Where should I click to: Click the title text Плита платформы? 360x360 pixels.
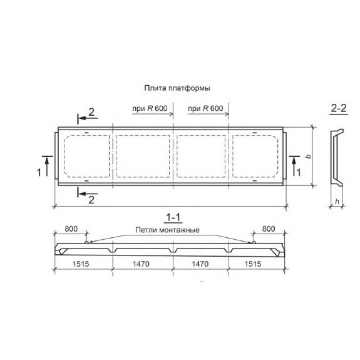pyautogui.click(x=177, y=88)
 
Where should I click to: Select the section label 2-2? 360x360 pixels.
pyautogui.click(x=339, y=108)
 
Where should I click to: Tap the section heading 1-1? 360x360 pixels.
pyautogui.click(x=173, y=217)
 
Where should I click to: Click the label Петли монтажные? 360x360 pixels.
pyautogui.click(x=167, y=230)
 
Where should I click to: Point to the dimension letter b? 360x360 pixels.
pyautogui.click(x=309, y=157)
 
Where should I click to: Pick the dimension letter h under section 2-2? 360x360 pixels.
pyautogui.click(x=337, y=202)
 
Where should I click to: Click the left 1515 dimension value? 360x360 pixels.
pyautogui.click(x=81, y=264)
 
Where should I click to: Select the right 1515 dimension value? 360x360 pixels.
pyautogui.click(x=253, y=264)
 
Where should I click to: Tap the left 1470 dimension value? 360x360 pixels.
pyautogui.click(x=141, y=264)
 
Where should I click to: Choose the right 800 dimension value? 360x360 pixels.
pyautogui.click(x=269, y=229)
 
